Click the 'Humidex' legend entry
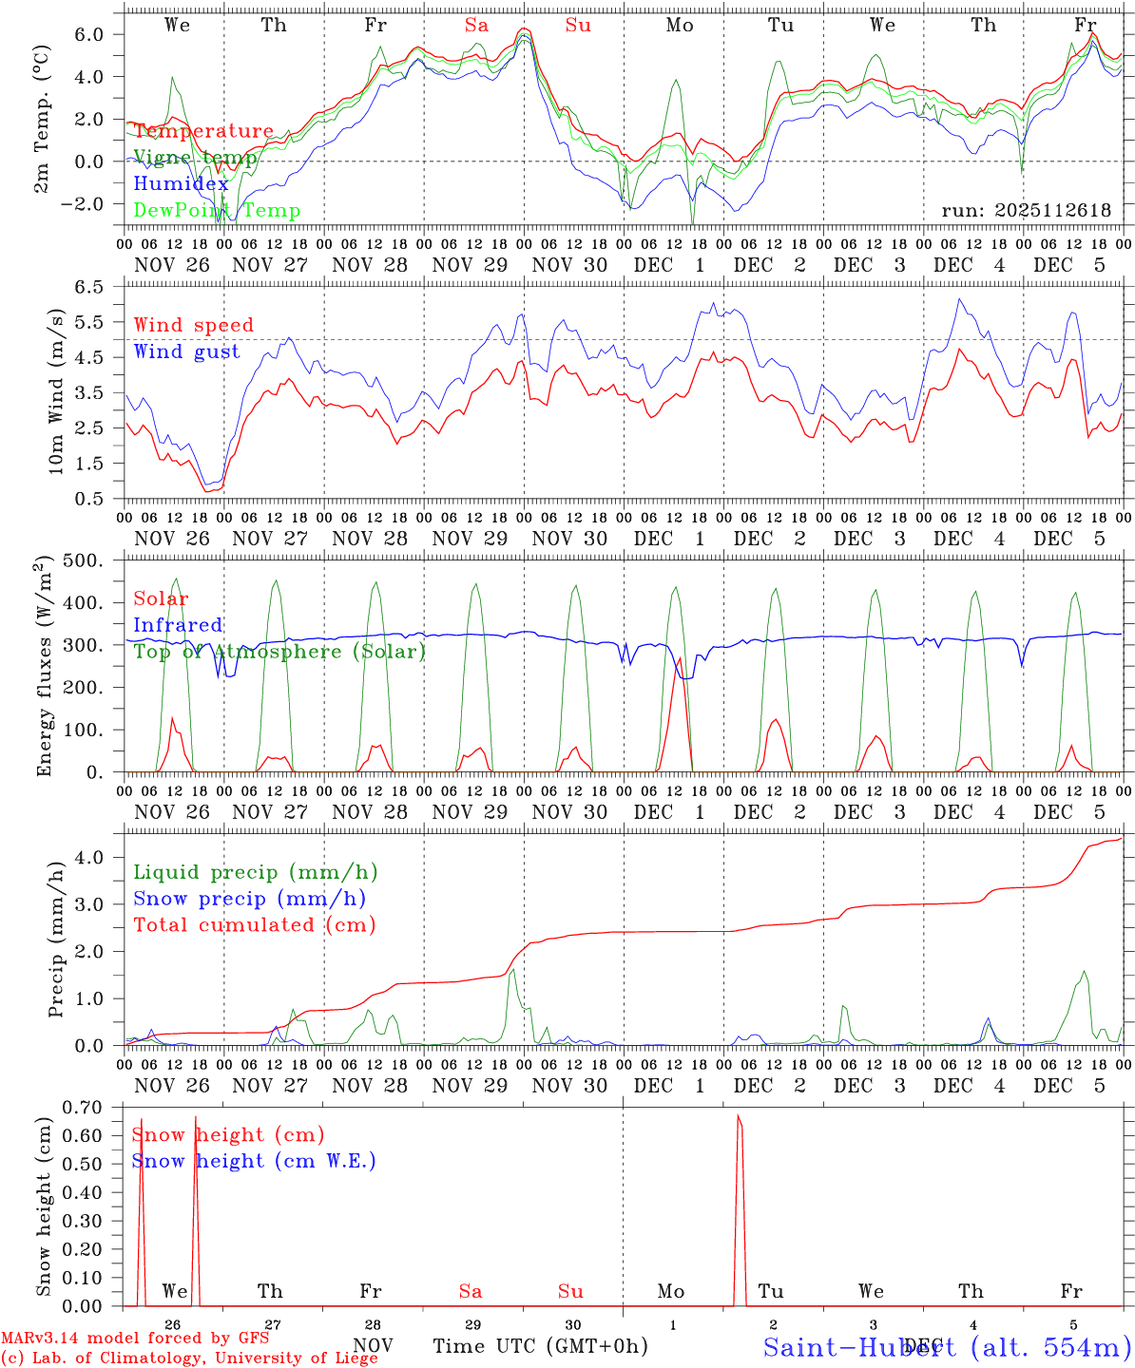[x=181, y=184]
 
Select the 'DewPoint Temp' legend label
[x=217, y=211]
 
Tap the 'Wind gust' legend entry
[x=186, y=351]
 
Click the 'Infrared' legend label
[x=178, y=625]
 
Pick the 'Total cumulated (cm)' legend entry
[x=255, y=924]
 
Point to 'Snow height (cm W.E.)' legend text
[x=254, y=1161]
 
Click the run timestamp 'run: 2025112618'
[x=1026, y=210]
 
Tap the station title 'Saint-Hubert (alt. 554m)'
[x=947, y=1346]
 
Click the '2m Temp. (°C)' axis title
[x=43, y=122]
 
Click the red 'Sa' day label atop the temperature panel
[x=476, y=26]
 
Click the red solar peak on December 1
[x=680, y=657]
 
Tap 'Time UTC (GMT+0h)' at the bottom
[x=540, y=1346]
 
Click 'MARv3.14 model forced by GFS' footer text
[x=134, y=1338]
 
